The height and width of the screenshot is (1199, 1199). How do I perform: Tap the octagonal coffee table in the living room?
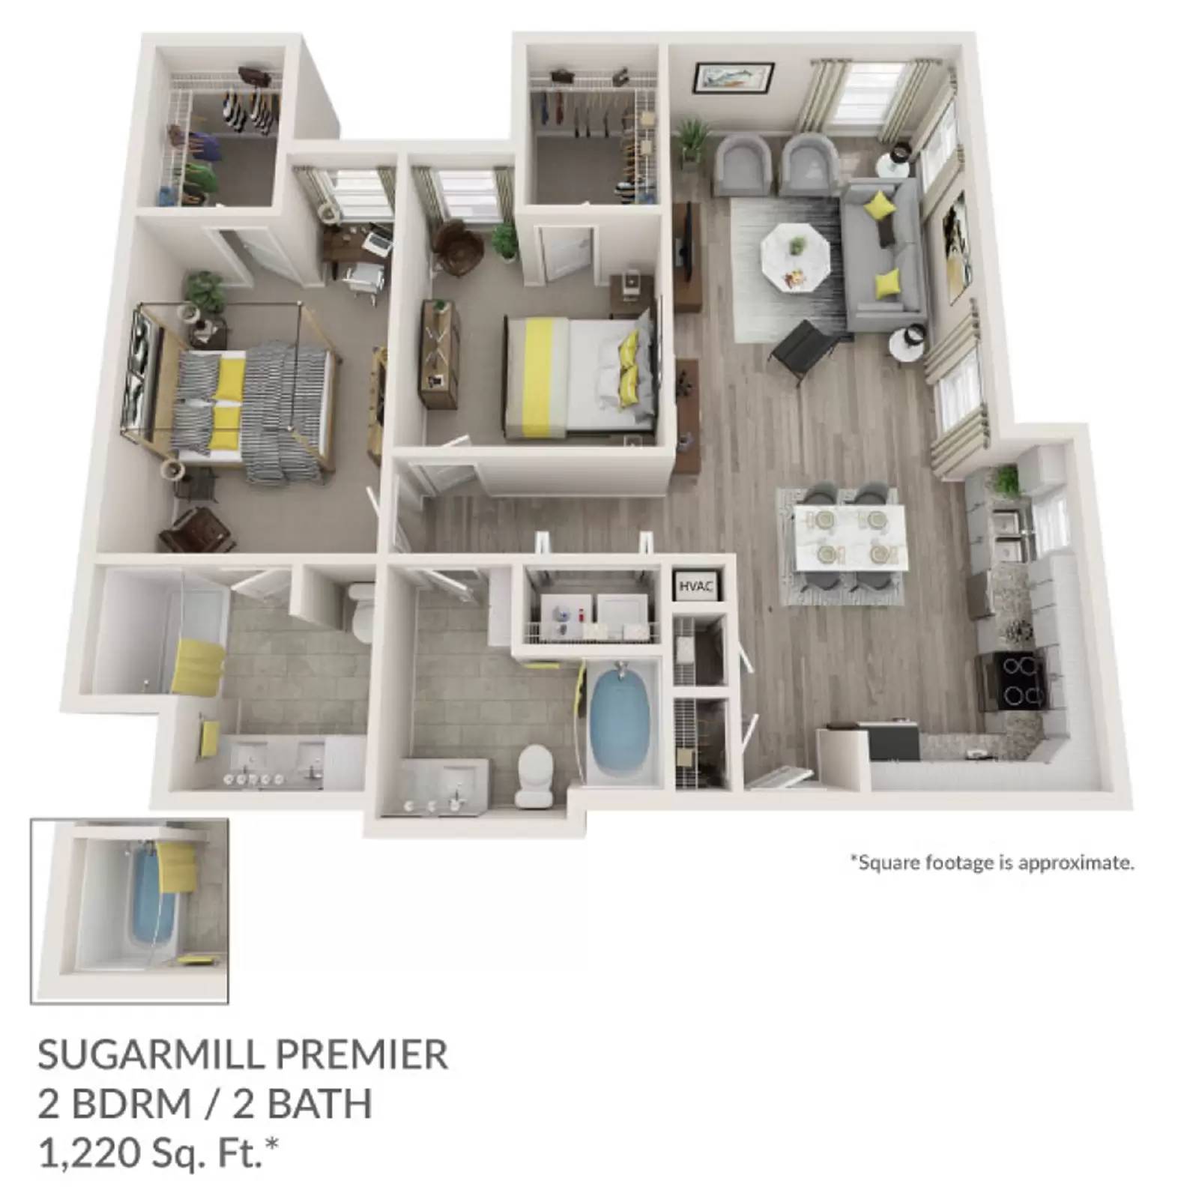(x=794, y=255)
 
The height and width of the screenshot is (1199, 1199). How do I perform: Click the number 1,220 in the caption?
(x=82, y=1153)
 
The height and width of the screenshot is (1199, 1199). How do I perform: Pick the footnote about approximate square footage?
(x=991, y=863)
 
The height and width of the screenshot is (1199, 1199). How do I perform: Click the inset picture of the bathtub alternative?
(x=129, y=910)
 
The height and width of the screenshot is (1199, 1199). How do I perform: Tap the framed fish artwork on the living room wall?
(x=733, y=77)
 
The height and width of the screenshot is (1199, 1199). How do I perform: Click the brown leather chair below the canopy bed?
(x=197, y=528)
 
